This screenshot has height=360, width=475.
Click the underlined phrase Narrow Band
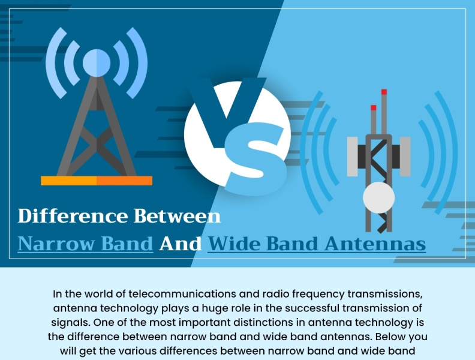point(85,244)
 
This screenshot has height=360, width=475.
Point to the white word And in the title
point(180,244)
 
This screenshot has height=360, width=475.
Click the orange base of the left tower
point(96,180)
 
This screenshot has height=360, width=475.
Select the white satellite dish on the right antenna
point(378,197)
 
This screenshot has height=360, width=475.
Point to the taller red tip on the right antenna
point(384,92)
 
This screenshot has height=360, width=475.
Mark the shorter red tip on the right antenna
point(373,108)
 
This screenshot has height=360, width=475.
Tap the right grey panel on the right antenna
point(405,156)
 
